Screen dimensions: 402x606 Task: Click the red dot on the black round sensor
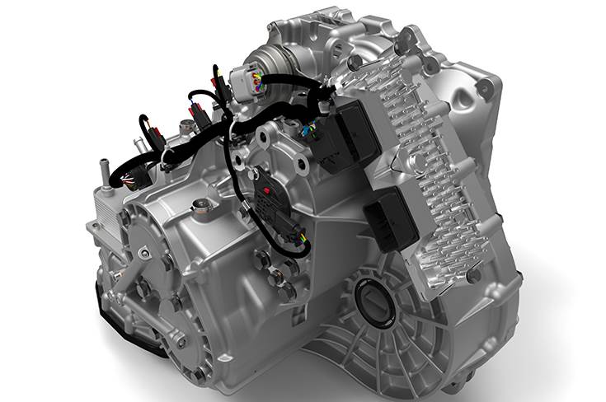click(266, 189)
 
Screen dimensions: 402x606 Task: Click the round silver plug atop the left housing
click(197, 206)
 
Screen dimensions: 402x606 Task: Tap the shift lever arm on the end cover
click(132, 272)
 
